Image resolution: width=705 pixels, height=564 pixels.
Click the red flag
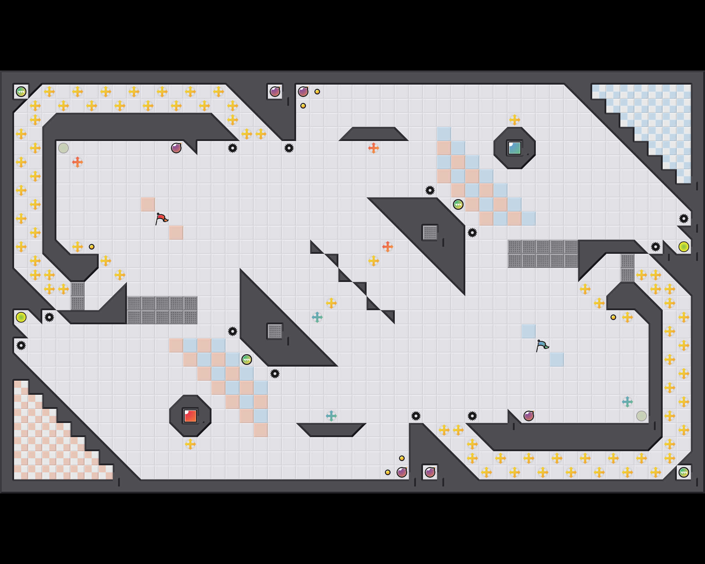(x=161, y=219)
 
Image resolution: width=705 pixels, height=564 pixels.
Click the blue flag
(x=542, y=345)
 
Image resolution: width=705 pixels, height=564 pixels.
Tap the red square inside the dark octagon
(x=190, y=416)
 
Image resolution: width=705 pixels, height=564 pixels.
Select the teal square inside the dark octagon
(x=515, y=148)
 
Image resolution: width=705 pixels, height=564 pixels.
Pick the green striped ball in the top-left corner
(x=21, y=92)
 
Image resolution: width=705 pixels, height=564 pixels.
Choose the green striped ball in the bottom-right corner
(x=684, y=472)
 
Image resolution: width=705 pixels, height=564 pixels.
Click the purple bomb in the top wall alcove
(x=275, y=92)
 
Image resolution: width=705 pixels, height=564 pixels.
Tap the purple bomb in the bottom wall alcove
(x=430, y=472)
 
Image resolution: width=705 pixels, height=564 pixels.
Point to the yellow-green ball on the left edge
(x=21, y=317)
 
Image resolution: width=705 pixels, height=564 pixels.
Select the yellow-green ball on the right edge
(x=684, y=247)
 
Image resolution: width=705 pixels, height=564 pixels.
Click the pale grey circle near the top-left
(x=63, y=148)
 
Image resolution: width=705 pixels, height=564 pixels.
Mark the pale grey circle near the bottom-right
(x=642, y=416)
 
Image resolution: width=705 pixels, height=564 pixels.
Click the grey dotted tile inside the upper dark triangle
(x=430, y=233)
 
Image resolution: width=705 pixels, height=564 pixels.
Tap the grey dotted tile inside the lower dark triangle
(x=275, y=331)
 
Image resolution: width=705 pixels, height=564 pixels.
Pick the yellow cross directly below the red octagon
(x=190, y=444)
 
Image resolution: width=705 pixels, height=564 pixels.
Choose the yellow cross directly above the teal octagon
(x=515, y=120)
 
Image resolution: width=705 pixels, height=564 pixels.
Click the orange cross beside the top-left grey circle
(x=78, y=162)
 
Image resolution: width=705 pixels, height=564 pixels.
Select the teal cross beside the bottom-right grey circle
(x=627, y=402)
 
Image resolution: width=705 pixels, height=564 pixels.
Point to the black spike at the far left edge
(x=21, y=345)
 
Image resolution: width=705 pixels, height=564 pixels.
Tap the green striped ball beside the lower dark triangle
(x=247, y=360)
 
